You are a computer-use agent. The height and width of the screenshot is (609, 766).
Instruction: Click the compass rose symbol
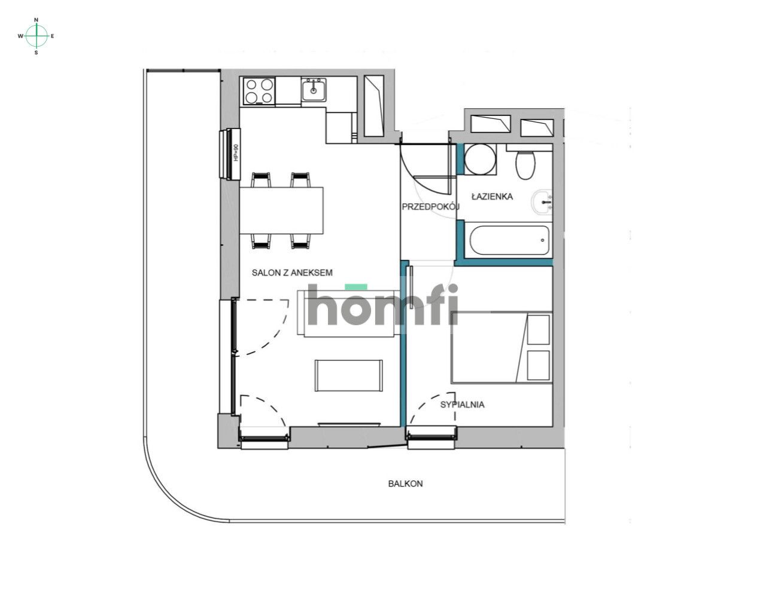37,36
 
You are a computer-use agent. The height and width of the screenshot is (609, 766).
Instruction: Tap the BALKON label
405,483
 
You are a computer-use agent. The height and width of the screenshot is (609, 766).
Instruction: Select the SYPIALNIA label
462,405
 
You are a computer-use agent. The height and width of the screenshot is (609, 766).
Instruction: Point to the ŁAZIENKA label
492,196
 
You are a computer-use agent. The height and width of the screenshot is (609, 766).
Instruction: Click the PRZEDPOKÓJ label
430,207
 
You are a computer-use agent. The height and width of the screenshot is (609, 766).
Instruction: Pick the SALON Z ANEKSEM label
292,273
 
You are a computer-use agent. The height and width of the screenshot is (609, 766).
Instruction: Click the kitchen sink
313,90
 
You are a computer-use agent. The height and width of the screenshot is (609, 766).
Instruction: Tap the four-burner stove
259,91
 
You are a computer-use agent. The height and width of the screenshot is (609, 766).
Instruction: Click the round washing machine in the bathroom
480,160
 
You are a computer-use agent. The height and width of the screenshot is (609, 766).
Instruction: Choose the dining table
281,210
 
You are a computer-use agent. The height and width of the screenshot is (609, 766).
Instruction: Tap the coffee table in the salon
349,375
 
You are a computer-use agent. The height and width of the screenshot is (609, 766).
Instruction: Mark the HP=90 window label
236,153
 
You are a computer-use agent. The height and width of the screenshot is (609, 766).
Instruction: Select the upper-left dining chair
262,179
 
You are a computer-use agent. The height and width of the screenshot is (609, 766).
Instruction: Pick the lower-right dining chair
300,240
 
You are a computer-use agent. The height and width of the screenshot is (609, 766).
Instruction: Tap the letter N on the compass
37,20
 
